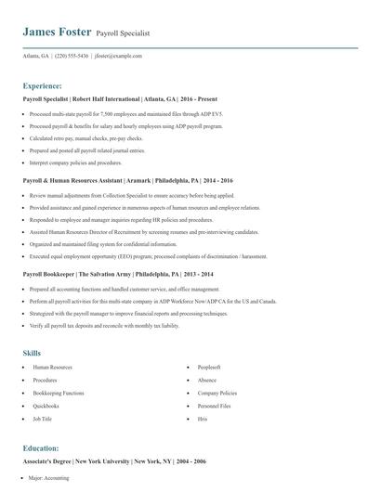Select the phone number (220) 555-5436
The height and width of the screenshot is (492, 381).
tap(72, 56)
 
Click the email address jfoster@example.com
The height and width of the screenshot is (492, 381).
tap(120, 56)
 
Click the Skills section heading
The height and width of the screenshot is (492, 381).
tap(33, 353)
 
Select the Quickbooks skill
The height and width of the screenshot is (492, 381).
tap(46, 406)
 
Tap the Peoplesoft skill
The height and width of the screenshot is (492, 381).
tap(208, 368)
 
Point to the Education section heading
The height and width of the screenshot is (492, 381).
tap(41, 447)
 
